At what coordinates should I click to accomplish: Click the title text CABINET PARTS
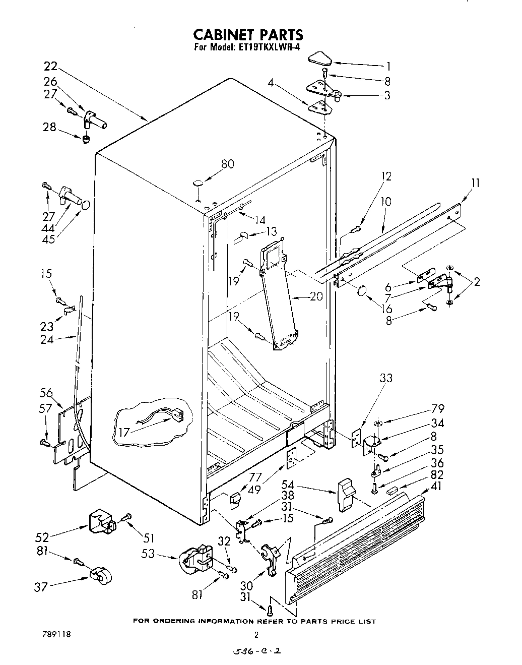[248, 34]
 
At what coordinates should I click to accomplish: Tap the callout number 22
[51, 66]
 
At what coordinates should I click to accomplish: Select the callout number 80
[228, 164]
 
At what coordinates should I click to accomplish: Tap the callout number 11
[475, 183]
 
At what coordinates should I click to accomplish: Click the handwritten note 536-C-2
[255, 651]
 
